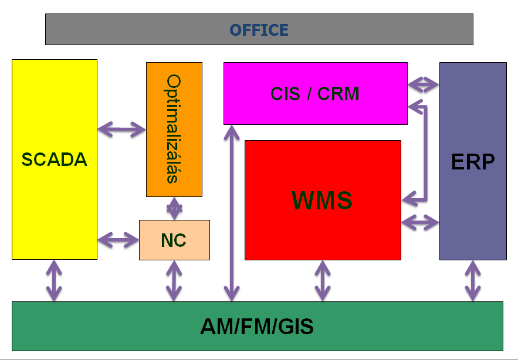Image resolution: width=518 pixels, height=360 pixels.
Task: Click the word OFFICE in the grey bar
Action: point(259,30)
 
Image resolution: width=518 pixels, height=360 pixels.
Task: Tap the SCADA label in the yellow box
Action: point(55,159)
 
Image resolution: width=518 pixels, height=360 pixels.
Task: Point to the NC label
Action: point(174,240)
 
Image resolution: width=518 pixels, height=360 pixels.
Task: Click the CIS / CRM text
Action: point(315,93)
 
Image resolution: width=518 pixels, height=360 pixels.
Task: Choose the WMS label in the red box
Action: point(322,200)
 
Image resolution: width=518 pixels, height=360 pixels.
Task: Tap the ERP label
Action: point(473,162)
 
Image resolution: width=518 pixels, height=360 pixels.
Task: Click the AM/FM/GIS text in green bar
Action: point(257,327)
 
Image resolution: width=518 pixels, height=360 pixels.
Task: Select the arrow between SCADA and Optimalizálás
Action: point(121,129)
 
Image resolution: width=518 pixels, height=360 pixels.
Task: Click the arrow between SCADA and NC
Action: point(119,240)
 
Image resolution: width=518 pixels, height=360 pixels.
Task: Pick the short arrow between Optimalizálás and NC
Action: point(174,208)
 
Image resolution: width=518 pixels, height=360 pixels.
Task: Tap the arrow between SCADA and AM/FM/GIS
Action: point(54,281)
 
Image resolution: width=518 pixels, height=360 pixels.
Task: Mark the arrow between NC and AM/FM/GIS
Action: point(174,281)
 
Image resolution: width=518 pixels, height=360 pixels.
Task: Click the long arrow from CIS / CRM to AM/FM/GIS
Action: point(232,213)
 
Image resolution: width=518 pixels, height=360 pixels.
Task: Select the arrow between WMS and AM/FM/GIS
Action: point(323,281)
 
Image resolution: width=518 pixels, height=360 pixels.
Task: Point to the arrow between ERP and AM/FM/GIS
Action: point(473,281)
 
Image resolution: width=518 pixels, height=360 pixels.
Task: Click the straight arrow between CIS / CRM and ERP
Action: point(424,84)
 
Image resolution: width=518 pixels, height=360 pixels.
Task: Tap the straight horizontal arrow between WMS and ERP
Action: point(420,222)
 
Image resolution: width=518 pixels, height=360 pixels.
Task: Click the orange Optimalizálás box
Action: point(174,130)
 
